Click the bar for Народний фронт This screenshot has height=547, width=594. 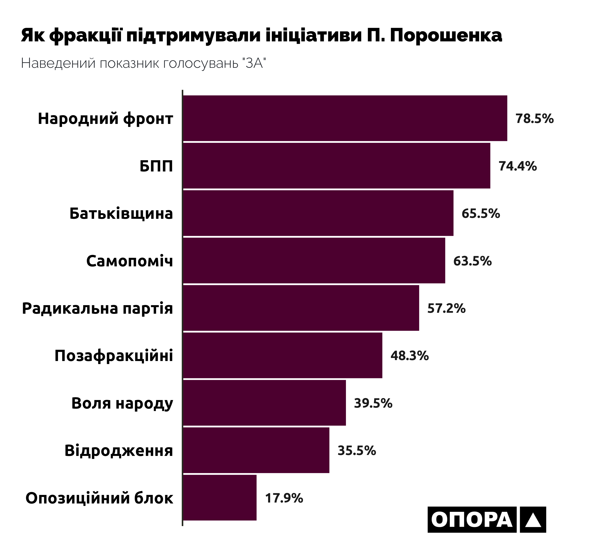345,118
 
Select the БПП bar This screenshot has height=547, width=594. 336,166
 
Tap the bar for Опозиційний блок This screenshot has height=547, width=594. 220,498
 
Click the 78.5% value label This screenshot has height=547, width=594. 534,118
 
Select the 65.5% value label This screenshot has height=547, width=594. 480,213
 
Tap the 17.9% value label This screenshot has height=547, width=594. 284,498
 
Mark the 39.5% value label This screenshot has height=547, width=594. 373,403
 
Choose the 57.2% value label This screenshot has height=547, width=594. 446,308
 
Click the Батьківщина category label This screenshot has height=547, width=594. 121,213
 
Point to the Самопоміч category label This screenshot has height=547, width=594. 129,261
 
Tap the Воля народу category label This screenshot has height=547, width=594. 122,403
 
